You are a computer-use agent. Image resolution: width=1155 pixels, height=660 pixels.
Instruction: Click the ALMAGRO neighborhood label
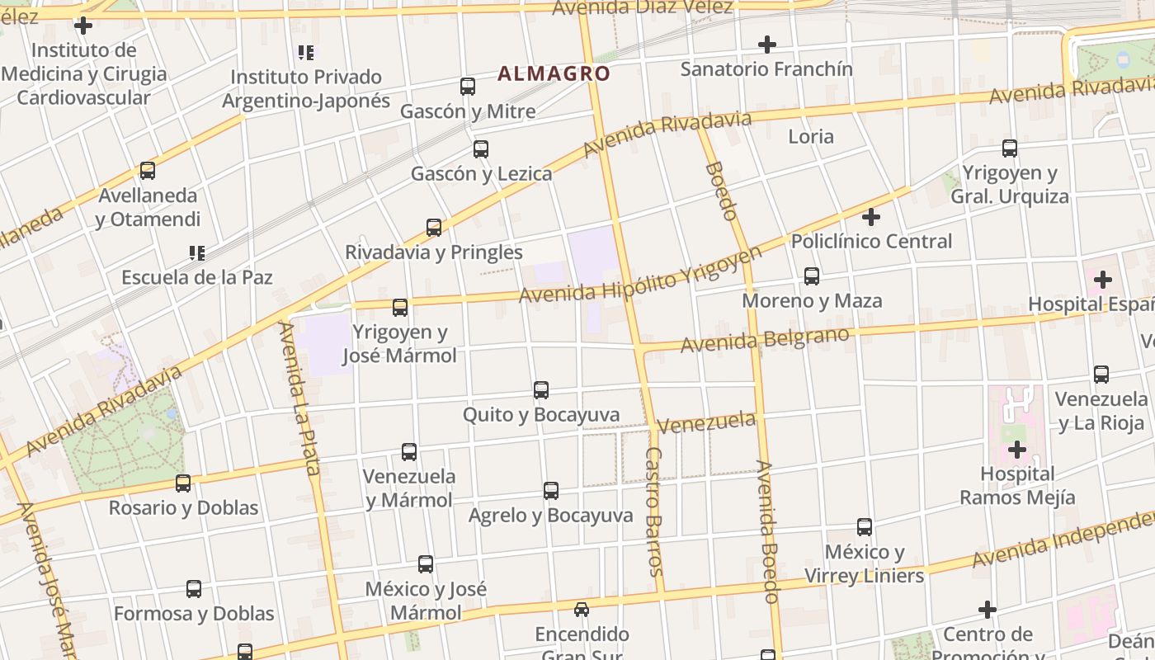coord(554,73)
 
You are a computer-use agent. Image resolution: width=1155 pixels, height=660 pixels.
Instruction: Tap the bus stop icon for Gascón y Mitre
coord(468,86)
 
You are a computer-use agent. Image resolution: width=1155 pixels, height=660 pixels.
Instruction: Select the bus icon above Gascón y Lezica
coord(481,149)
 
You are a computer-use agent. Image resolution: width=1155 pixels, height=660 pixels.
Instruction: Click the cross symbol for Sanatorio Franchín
coord(767,44)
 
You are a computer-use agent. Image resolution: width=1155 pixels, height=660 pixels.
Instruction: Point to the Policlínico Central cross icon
coord(871,217)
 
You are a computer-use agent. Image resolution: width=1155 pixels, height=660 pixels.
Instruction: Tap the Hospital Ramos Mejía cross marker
coord(1017,450)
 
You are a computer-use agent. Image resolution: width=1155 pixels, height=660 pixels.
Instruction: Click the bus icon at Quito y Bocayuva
coord(541,389)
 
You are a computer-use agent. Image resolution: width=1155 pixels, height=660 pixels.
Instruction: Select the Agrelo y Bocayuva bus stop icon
coord(551,491)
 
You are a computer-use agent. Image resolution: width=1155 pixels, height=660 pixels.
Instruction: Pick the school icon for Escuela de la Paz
coord(196,252)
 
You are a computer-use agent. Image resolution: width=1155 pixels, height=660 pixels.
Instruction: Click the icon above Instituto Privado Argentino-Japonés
coord(306,53)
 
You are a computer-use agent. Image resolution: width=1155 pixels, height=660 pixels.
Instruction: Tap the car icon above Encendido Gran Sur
coord(582,610)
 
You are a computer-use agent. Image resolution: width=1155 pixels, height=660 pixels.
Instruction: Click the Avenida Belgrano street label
coord(765,339)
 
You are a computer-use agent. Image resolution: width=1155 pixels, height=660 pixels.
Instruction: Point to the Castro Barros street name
coord(653,511)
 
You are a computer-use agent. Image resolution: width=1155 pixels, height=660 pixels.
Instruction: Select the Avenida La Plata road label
coord(299,398)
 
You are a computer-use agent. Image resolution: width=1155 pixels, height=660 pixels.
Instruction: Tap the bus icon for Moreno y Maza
coord(812,276)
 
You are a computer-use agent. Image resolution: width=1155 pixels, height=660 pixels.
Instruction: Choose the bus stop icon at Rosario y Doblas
coord(183,483)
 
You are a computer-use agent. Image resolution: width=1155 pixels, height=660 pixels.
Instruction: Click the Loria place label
coord(811,136)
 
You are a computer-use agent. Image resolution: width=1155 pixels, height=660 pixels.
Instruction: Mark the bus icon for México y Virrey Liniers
coord(865,526)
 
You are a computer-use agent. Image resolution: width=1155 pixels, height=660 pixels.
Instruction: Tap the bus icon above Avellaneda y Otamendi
coord(148,171)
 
